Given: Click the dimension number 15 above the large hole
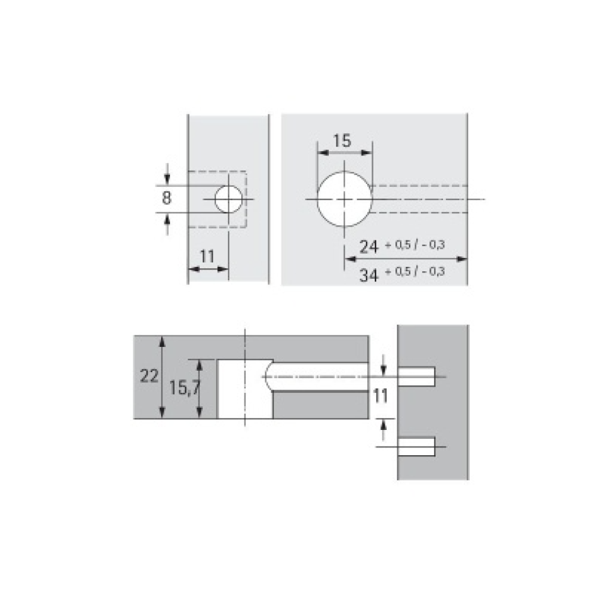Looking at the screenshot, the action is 342,140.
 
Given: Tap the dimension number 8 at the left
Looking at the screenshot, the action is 166,198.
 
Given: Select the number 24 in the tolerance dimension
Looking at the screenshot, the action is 369,247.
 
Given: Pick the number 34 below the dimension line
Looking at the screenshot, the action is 369,275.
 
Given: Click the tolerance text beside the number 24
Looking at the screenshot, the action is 415,245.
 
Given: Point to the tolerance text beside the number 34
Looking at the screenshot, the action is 415,271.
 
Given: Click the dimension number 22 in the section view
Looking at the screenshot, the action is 149,376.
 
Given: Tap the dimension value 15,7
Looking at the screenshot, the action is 185,388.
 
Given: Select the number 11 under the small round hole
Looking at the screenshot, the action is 207,257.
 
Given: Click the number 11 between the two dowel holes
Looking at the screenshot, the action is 380,396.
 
